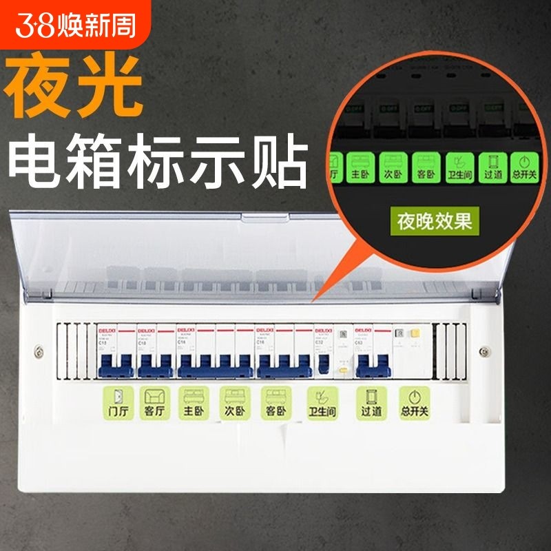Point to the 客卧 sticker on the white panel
coord(275,403)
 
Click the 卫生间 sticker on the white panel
coord(320,404)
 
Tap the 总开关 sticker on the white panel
coord(413,403)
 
